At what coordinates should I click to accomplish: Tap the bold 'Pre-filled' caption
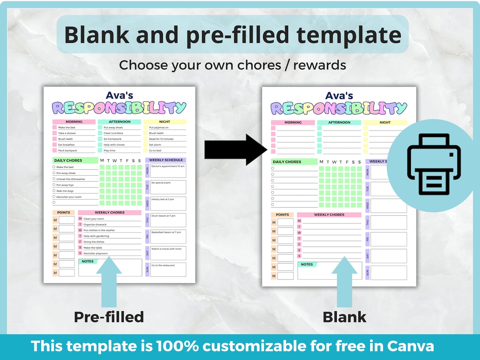[x=109, y=317]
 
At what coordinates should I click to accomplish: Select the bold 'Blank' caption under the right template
[x=344, y=317]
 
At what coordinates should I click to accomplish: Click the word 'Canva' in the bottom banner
[x=410, y=346]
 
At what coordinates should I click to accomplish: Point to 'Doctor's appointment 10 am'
[x=168, y=166]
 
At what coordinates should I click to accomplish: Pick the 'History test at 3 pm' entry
[x=163, y=199]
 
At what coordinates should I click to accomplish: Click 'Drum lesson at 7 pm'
[x=163, y=216]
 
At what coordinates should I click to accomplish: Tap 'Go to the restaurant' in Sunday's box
[x=163, y=265]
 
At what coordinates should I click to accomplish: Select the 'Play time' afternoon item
[x=109, y=150]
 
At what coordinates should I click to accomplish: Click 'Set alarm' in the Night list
[x=155, y=145]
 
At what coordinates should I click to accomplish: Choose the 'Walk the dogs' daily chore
[x=65, y=191]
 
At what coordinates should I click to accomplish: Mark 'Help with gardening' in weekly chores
[x=96, y=236]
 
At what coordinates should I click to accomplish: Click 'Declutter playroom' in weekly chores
[x=96, y=253]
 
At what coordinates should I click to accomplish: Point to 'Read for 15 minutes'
[x=161, y=139]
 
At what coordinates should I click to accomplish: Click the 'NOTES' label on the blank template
[x=307, y=264]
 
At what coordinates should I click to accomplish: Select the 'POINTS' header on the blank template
[x=282, y=215]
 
